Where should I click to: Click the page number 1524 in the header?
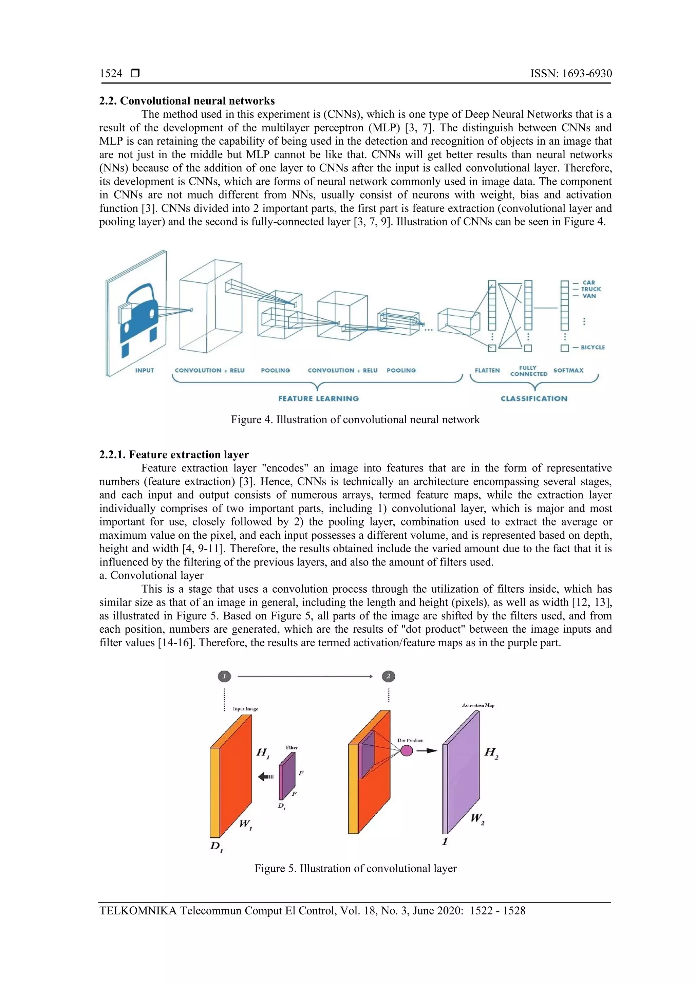click(111, 74)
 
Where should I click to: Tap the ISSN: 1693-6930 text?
click(571, 74)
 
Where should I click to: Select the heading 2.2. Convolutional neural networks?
click(187, 101)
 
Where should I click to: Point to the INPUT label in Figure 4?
click(144, 370)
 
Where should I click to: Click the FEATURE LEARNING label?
click(318, 398)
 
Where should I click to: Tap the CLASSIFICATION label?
click(534, 398)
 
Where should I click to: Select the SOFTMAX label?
click(568, 370)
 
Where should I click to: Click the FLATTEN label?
click(487, 370)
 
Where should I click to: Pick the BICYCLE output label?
click(593, 347)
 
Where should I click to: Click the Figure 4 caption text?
click(355, 420)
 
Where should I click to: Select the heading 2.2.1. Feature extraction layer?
click(174, 455)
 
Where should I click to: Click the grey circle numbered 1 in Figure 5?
click(224, 676)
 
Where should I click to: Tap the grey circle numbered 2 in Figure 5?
click(388, 676)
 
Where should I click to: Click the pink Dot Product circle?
click(407, 750)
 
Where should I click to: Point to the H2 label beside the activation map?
click(491, 752)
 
